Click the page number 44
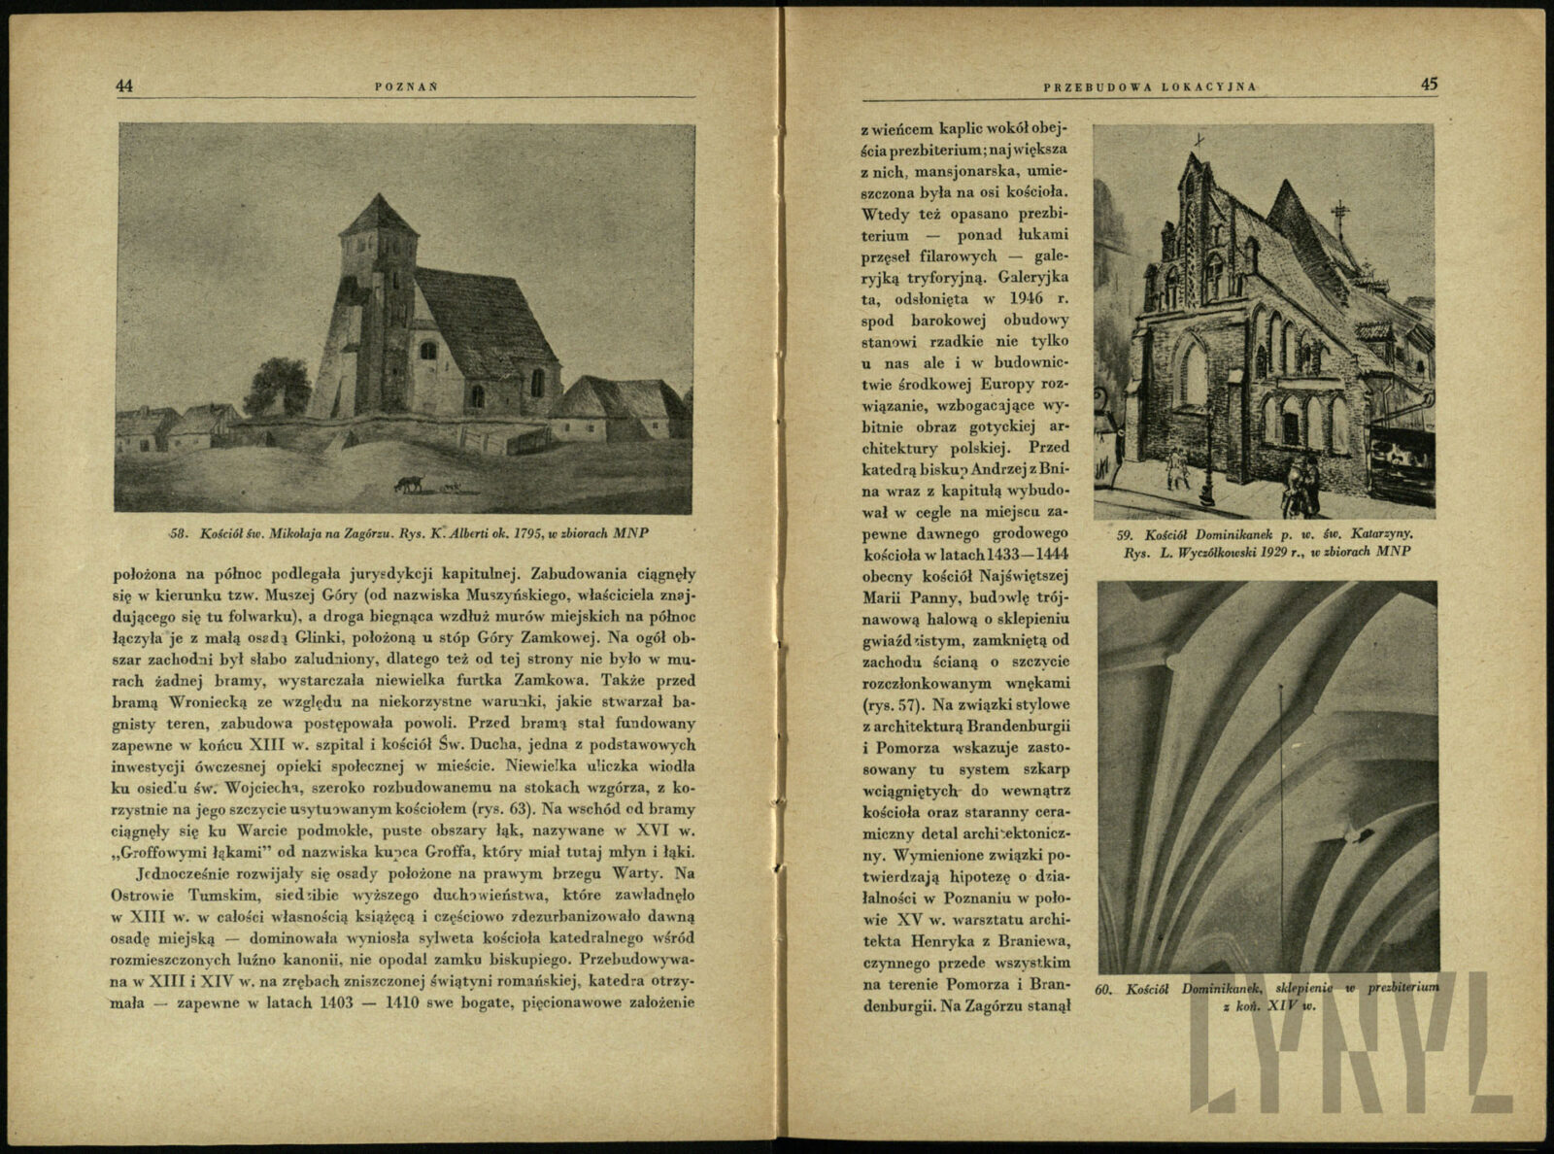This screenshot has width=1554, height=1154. tap(124, 85)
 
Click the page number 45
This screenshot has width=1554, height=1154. tap(1429, 85)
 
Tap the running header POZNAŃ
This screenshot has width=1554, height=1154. tap(406, 86)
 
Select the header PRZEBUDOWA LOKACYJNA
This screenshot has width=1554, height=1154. tap(1150, 86)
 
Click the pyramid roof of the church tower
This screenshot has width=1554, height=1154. tap(379, 217)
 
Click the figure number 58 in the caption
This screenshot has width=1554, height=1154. tap(177, 533)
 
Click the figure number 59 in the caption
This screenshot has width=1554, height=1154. tap(1127, 534)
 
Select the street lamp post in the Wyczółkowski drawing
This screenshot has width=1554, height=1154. tap(1205, 457)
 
